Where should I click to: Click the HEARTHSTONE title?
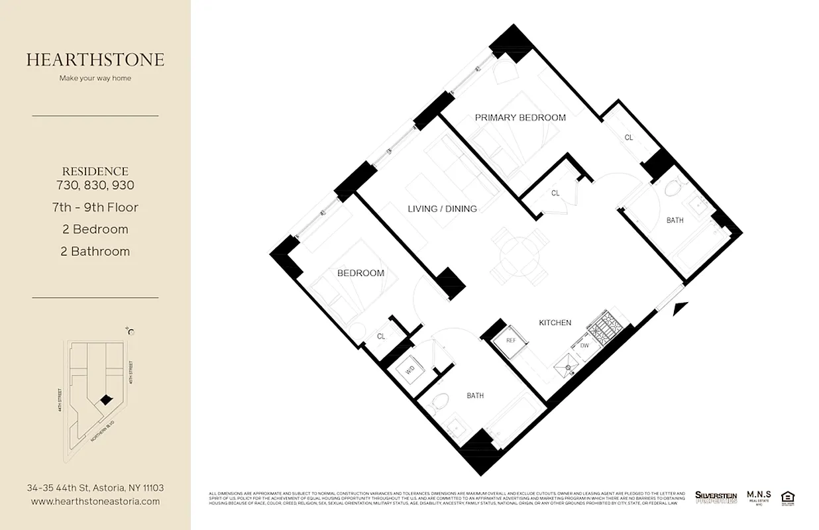(x=95, y=60)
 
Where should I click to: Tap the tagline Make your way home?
(x=95, y=78)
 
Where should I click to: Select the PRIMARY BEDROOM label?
(x=520, y=118)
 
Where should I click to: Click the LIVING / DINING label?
(x=442, y=209)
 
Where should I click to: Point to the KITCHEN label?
(x=555, y=323)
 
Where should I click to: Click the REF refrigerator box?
(x=510, y=341)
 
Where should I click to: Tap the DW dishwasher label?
(x=584, y=346)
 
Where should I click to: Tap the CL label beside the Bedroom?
(x=381, y=337)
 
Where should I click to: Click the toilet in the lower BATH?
(x=439, y=402)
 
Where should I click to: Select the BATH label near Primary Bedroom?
(x=675, y=221)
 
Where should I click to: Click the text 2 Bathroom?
(x=95, y=251)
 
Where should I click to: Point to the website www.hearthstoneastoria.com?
(x=95, y=502)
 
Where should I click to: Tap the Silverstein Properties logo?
(x=716, y=497)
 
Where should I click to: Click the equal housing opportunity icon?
(x=788, y=497)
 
